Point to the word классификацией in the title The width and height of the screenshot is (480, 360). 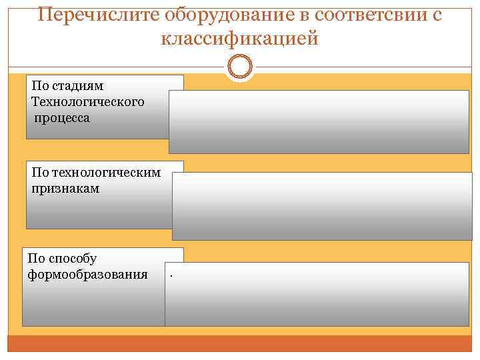coord(240,39)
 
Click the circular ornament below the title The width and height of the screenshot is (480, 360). coord(239,67)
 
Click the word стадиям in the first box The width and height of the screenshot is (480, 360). coord(76,87)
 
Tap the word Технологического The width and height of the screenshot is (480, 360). coord(87,102)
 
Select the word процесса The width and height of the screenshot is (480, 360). coord(63,117)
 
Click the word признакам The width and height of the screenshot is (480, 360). coord(65,189)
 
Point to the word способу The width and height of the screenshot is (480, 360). coord(73,258)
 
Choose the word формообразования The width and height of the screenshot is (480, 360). coord(88,273)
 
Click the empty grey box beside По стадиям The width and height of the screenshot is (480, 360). coord(319,121)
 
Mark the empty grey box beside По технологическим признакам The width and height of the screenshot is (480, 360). coord(322,205)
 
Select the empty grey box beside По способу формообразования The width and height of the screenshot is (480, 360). coord(317,293)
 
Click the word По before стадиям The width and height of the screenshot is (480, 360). coord(40,87)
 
